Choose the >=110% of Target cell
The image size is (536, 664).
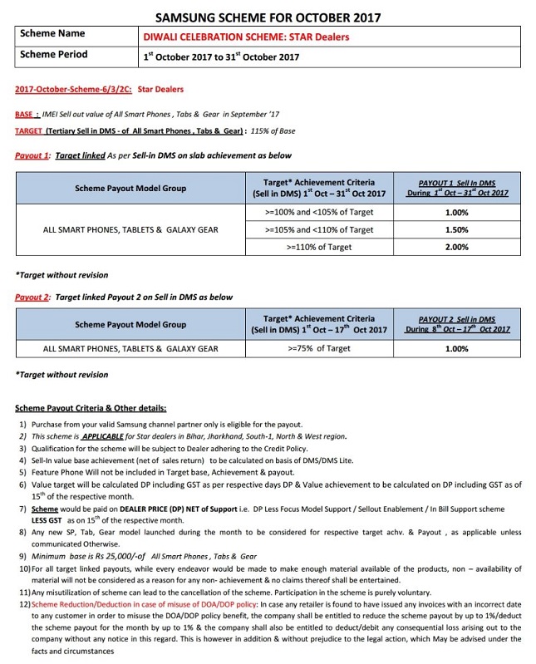[319, 247]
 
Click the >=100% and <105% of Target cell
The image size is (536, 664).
[319, 212]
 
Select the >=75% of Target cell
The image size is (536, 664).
[319, 349]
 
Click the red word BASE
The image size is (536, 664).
[26, 115]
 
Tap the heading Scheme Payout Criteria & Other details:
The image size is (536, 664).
[91, 408]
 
